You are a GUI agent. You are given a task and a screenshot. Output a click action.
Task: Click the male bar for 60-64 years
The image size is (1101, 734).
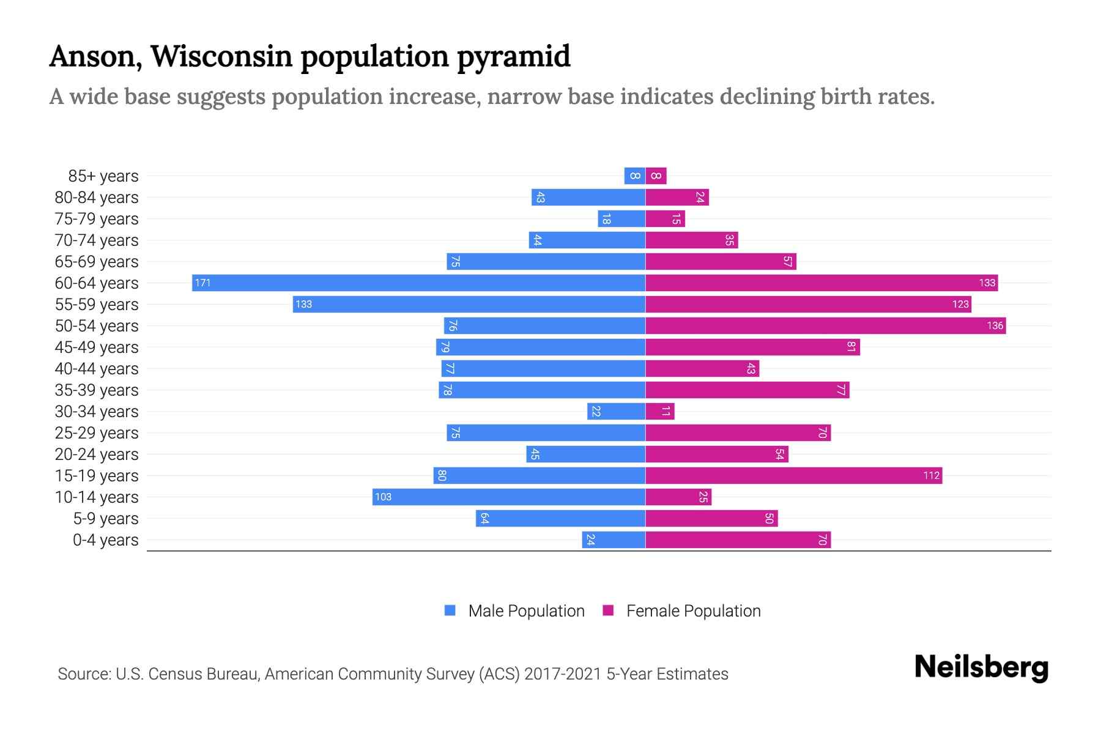point(418,283)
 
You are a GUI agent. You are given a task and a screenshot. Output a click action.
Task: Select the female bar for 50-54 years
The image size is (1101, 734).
point(825,325)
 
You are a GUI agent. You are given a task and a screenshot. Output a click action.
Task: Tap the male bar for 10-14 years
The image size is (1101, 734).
point(508,497)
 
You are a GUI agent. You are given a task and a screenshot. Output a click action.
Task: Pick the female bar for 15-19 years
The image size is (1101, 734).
point(793,475)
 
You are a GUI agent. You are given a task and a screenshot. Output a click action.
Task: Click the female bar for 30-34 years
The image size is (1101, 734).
point(659,411)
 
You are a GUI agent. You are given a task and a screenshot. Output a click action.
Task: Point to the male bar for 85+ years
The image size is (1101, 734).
point(634,176)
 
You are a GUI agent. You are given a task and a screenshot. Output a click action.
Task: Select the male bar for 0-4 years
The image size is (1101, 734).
point(614,539)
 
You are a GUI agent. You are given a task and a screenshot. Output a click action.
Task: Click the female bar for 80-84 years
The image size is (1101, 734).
point(677,197)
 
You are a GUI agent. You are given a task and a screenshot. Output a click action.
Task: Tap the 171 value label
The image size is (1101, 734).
point(202,283)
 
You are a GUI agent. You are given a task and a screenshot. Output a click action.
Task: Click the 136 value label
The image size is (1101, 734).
point(995,325)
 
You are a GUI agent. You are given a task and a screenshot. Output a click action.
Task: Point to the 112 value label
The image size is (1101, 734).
point(931,475)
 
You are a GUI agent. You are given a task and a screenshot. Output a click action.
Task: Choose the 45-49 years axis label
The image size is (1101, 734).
point(97,347)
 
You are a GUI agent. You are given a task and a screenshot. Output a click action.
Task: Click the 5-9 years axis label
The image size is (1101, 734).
point(105,518)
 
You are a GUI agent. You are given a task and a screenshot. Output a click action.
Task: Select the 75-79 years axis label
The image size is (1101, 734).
point(97,218)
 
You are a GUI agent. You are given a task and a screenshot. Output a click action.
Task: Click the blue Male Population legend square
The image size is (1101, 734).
point(450,610)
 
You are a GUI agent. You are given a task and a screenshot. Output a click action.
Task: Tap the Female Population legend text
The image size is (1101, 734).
point(693,610)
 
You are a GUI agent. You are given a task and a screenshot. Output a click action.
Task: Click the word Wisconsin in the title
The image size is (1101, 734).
point(221,56)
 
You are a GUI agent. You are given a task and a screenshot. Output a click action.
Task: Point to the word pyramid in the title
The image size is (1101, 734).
point(513,56)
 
